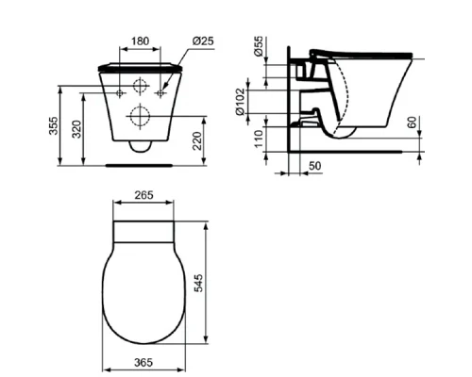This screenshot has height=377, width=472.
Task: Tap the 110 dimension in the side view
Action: tap(259, 140)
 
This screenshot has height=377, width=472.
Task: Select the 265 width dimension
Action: tap(143, 196)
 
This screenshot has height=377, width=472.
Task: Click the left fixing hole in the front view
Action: tap(121, 94)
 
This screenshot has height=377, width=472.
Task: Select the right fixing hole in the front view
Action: tap(160, 94)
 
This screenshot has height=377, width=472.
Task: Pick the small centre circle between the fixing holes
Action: tap(141, 87)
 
